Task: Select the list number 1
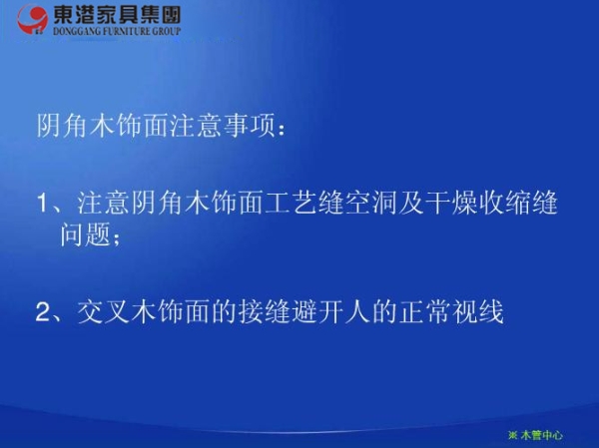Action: [x=41, y=206]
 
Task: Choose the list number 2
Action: [x=42, y=313]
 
